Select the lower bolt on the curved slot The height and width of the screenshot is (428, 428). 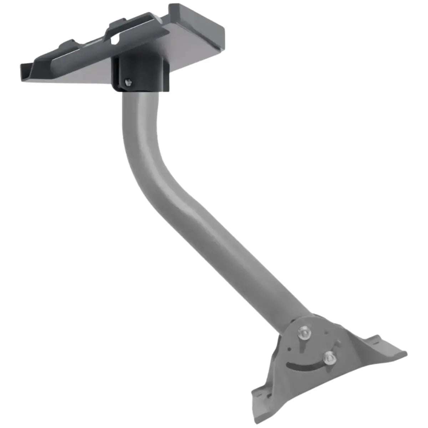(329, 358)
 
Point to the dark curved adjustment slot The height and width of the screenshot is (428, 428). (303, 366)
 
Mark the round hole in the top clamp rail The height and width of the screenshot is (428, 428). (115, 40)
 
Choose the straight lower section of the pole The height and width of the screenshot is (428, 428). (232, 250)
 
